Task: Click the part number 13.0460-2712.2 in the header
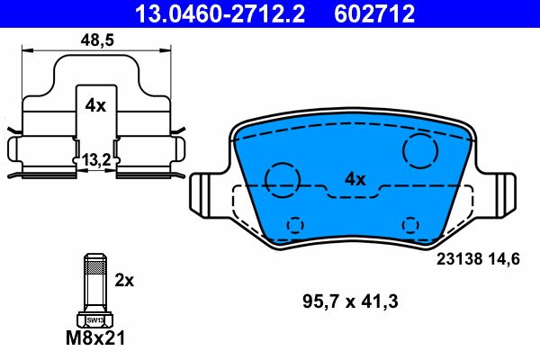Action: click(x=208, y=13)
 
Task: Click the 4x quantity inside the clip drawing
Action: click(x=94, y=105)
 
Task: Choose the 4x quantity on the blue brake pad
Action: click(x=355, y=179)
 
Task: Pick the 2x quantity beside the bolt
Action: click(x=124, y=280)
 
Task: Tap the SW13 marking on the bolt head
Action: click(x=94, y=319)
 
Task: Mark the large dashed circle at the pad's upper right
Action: click(x=420, y=150)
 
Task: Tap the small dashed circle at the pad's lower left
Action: click(x=294, y=224)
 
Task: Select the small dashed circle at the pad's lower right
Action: click(x=410, y=224)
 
